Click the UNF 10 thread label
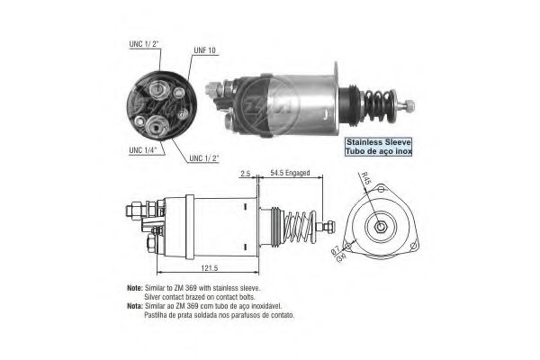(x=204, y=50)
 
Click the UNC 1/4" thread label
(x=142, y=150)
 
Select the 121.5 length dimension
(x=210, y=267)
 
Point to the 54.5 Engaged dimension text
(x=290, y=173)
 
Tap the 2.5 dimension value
(x=245, y=174)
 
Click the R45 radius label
(x=365, y=178)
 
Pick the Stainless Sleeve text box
(x=379, y=147)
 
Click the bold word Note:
(x=135, y=288)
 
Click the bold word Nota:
(x=135, y=306)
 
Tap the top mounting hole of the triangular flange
(x=381, y=189)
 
